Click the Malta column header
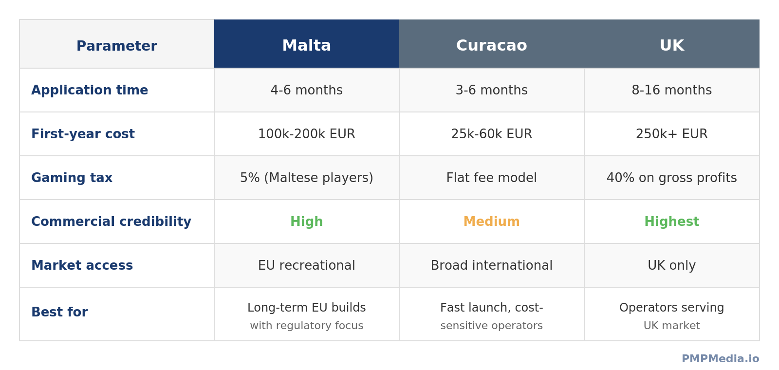pyautogui.click(x=307, y=46)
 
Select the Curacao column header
pyautogui.click(x=491, y=46)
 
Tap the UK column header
pyautogui.click(x=671, y=46)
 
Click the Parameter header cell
pyautogui.click(x=117, y=46)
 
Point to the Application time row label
pyautogui.click(x=90, y=91)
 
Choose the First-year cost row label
pyautogui.click(x=83, y=134)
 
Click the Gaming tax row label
pyautogui.click(x=72, y=178)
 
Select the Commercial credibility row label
pyautogui.click(x=111, y=222)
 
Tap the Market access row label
pyautogui.click(x=82, y=266)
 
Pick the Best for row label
pyautogui.click(x=59, y=313)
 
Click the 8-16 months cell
pyautogui.click(x=671, y=91)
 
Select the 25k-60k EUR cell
pyautogui.click(x=491, y=134)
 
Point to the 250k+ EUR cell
pyautogui.click(x=671, y=134)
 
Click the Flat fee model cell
pyautogui.click(x=491, y=178)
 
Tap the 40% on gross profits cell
pyautogui.click(x=671, y=178)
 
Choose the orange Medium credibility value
pyautogui.click(x=491, y=222)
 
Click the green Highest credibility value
pyautogui.click(x=671, y=222)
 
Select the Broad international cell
pyautogui.click(x=491, y=266)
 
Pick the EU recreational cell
pyautogui.click(x=307, y=266)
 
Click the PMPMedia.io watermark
pyautogui.click(x=720, y=359)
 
